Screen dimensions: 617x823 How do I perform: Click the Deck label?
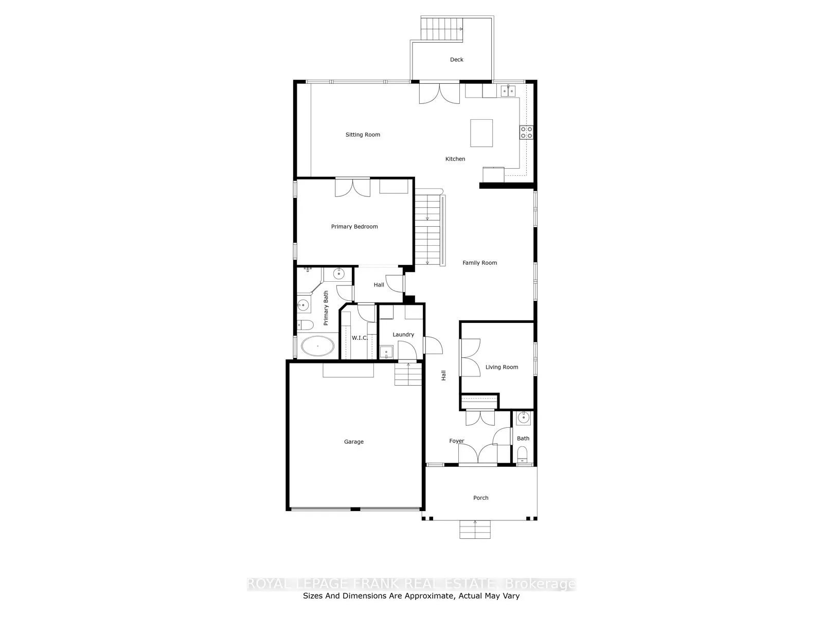click(456, 60)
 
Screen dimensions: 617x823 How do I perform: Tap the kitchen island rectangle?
click(481, 133)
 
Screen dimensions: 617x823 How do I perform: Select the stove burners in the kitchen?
click(526, 132)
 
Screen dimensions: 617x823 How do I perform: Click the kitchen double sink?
click(508, 91)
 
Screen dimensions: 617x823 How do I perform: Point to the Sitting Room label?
click(363, 135)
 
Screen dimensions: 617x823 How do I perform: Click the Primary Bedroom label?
click(354, 227)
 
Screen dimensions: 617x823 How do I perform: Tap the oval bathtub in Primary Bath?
click(317, 347)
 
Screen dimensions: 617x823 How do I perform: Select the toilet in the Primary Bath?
click(306, 325)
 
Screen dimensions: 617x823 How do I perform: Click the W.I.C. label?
click(359, 338)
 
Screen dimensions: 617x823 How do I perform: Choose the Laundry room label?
click(403, 335)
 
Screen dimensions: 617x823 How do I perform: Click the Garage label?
click(354, 442)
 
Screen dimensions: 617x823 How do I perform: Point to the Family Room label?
click(479, 263)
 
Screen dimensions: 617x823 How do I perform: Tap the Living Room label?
click(502, 367)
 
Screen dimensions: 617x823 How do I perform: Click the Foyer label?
click(456, 441)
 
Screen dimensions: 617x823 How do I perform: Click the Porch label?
click(481, 498)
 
